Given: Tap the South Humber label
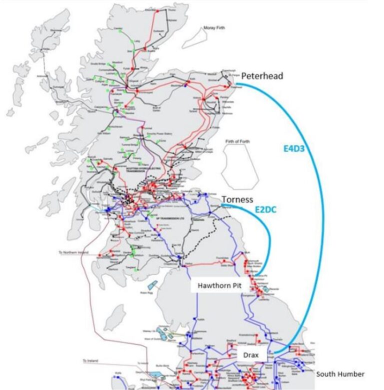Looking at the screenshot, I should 340,374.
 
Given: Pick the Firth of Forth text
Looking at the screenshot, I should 237,141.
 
